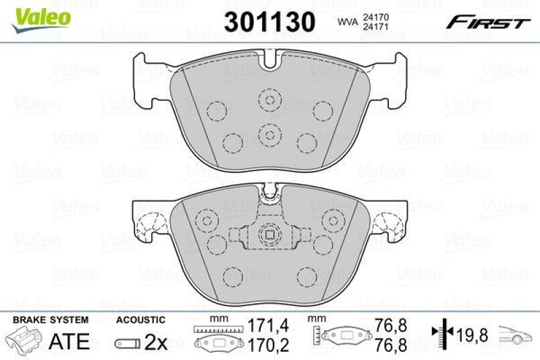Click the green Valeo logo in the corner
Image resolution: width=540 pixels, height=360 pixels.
click(39, 15)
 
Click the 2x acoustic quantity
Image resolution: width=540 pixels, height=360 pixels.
click(155, 342)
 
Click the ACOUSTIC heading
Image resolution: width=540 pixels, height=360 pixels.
click(140, 319)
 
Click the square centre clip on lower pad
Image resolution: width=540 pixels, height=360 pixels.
click(269, 235)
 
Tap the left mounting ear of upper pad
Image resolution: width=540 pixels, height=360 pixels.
click(150, 80)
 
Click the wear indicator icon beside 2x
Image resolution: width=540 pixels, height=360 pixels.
click(127, 343)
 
